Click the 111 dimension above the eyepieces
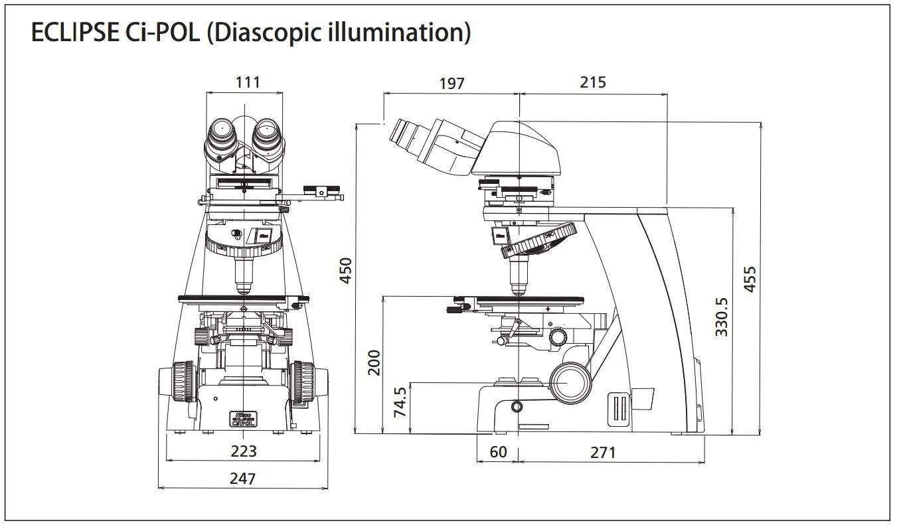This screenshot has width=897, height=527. coord(247,82)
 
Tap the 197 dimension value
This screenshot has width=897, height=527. coord(451,83)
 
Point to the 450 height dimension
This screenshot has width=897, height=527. coord(345,270)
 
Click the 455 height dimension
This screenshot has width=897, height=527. coord(749,279)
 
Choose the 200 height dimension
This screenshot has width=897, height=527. coord(374,362)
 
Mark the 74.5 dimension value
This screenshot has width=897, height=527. coord(400,402)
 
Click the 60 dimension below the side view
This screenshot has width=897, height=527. coord(498,452)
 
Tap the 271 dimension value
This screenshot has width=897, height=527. coord(603,453)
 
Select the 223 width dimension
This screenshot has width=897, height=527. coord(243,451)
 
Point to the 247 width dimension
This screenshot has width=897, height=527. coord(243,478)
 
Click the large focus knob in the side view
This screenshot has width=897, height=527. coord(569,383)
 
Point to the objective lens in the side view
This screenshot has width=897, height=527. coord(519,277)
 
